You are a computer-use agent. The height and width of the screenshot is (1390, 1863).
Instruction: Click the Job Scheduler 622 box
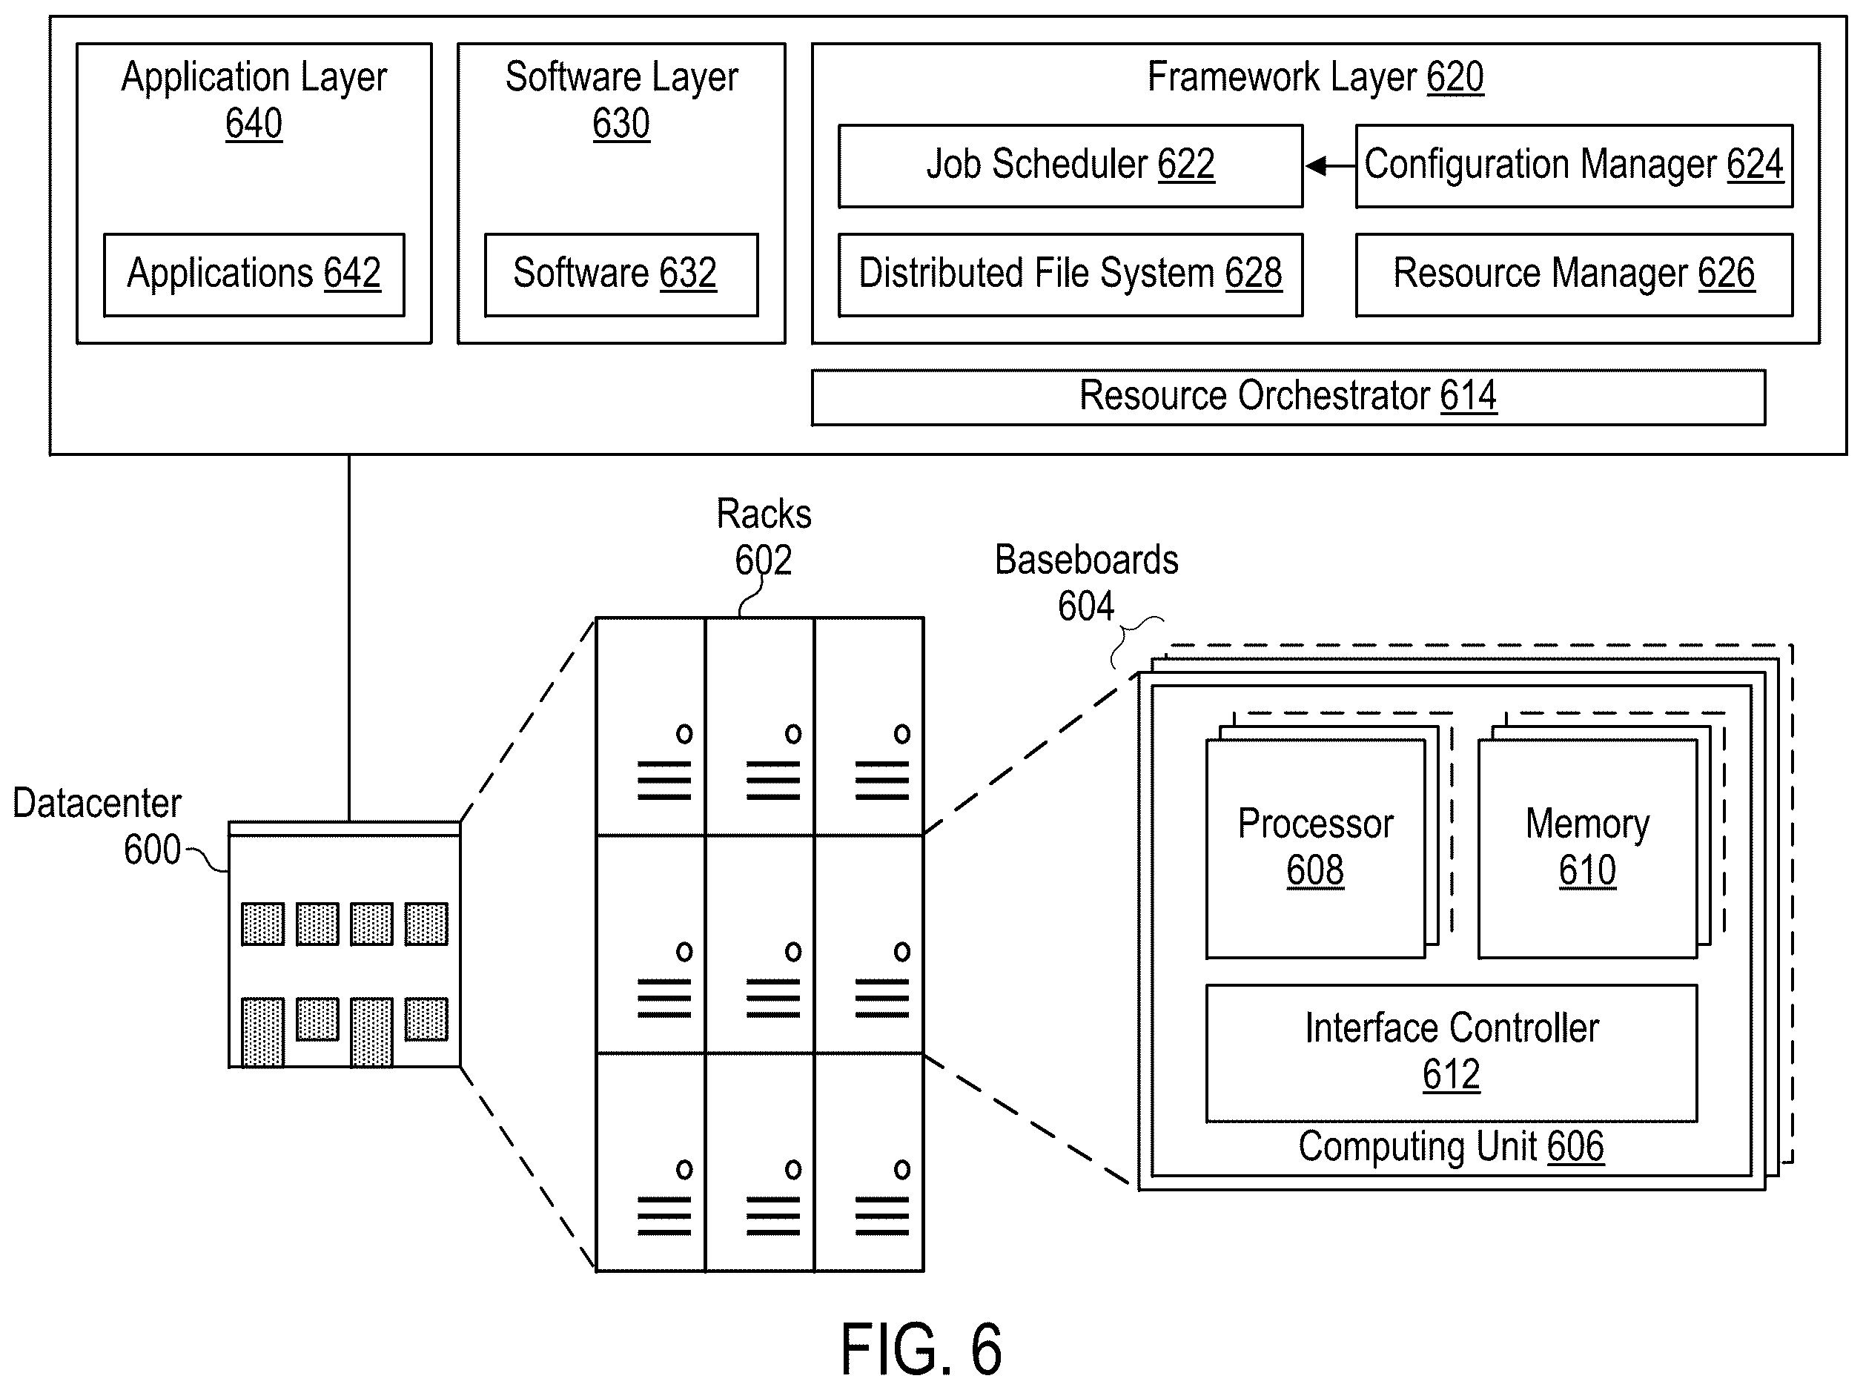pyautogui.click(x=1070, y=166)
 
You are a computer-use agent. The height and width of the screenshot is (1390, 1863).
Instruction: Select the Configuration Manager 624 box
pyautogui.click(x=1574, y=166)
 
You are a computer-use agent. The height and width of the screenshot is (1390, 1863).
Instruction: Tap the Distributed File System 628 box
pyautogui.click(x=1070, y=274)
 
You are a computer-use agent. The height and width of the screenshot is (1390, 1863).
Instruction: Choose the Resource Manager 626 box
pyautogui.click(x=1574, y=274)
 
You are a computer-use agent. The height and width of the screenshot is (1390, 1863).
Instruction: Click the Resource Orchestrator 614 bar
pyautogui.click(x=1288, y=397)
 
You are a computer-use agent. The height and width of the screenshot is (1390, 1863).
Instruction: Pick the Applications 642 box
pyautogui.click(x=254, y=274)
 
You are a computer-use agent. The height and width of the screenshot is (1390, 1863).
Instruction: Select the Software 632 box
pyautogui.click(x=621, y=274)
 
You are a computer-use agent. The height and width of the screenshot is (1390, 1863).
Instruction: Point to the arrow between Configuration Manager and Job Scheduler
pyautogui.click(x=1329, y=166)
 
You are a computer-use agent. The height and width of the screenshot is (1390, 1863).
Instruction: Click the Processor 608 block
pyautogui.click(x=1315, y=848)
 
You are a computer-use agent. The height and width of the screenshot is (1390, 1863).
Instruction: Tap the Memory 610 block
pyautogui.click(x=1587, y=848)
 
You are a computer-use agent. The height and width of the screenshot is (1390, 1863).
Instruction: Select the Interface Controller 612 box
pyautogui.click(x=1452, y=1053)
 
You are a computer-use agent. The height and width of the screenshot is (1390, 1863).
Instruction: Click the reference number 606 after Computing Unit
pyautogui.click(x=1575, y=1146)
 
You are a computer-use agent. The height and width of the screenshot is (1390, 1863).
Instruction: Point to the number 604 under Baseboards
pyautogui.click(x=1085, y=606)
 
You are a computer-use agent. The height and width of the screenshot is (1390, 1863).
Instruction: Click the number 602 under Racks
pyautogui.click(x=763, y=560)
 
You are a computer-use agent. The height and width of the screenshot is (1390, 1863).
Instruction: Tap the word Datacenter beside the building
pyautogui.click(x=97, y=804)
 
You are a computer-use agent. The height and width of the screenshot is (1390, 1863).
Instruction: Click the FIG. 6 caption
pyautogui.click(x=921, y=1348)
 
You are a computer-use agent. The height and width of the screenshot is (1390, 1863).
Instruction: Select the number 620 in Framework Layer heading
pyautogui.click(x=1455, y=77)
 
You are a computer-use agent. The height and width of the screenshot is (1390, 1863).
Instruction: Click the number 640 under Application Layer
pyautogui.click(x=254, y=124)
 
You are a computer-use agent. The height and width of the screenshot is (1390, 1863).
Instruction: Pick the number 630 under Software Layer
pyautogui.click(x=621, y=124)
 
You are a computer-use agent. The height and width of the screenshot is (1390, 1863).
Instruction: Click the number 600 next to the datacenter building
pyautogui.click(x=152, y=850)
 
